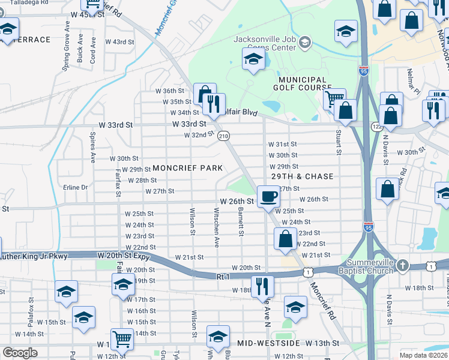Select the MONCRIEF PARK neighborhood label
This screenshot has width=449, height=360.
tap(187, 168)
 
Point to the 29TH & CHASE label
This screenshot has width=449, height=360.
tap(302, 177)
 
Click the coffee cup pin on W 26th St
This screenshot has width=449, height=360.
tap(268, 196)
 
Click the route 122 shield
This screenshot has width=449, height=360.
tap(376, 127)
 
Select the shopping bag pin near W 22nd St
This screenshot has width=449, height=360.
tap(286, 239)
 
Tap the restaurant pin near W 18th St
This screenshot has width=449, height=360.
tap(262, 285)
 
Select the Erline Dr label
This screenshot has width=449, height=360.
tap(75, 187)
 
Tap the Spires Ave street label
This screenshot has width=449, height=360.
tap(93, 148)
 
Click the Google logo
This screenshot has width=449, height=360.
tap(20, 353)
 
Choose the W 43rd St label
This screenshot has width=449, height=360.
tap(119, 42)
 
